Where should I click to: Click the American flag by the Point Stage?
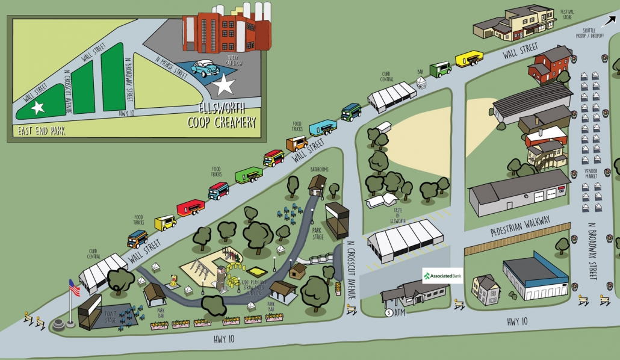74,288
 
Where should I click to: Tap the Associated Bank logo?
442,276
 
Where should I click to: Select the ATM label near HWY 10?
398,312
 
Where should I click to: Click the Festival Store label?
567,14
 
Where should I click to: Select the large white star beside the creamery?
225,85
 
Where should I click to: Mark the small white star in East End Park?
37,108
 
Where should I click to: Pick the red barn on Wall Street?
550,63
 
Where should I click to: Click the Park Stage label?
318,233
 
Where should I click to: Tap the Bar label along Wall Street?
421,72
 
